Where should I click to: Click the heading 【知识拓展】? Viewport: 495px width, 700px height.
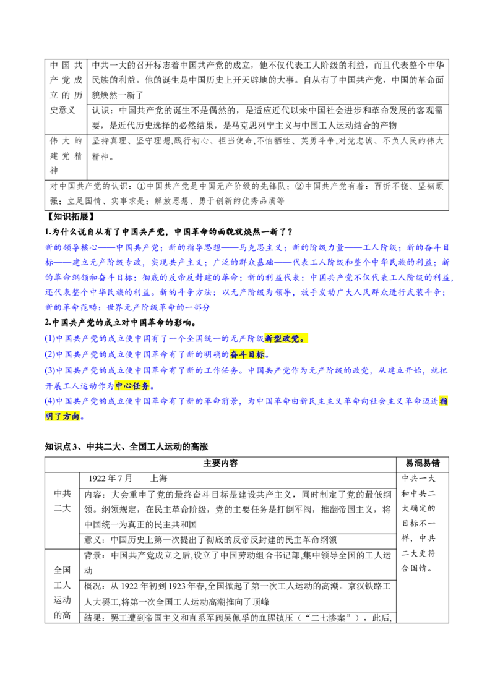tap(70, 216)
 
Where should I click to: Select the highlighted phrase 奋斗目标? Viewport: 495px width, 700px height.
tap(247, 354)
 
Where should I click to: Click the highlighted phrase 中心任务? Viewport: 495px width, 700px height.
tap(132, 386)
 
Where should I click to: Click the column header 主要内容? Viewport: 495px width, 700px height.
tap(220, 463)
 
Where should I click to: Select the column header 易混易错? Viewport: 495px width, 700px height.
tap(422, 463)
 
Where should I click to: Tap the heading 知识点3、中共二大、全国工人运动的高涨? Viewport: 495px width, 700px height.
tap(126, 446)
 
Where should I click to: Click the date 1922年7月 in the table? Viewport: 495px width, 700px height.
tap(110, 479)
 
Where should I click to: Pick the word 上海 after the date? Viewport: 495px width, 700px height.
tap(158, 479)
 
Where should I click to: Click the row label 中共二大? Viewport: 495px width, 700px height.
tap(62, 501)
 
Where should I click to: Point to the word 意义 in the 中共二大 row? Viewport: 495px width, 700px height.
tap(93, 540)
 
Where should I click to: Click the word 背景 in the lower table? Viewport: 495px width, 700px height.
tap(93, 555)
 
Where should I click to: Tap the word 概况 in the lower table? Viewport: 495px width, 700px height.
tap(93, 586)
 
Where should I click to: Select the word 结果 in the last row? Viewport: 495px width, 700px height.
tap(93, 618)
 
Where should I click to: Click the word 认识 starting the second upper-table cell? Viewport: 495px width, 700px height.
tap(100, 110)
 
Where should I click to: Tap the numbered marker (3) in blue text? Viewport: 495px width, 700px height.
tap(50, 370)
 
